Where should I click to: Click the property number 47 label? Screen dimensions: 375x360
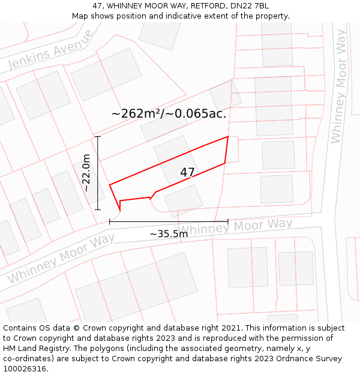187,173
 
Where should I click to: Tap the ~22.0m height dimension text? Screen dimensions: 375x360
86,173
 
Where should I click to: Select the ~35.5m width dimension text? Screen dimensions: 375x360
169,234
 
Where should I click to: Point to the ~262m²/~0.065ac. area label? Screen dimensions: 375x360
169,113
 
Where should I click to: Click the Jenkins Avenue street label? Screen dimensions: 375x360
51,50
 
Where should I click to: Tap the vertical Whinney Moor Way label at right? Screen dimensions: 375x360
339,86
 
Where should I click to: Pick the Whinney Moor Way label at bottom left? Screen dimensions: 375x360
61,259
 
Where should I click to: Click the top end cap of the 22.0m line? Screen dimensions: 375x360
98,136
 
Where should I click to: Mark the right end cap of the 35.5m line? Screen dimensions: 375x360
228,221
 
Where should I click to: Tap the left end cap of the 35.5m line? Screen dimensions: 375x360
109,221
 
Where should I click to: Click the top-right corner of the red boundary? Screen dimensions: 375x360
228,137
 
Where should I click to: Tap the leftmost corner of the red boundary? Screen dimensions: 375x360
109,184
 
